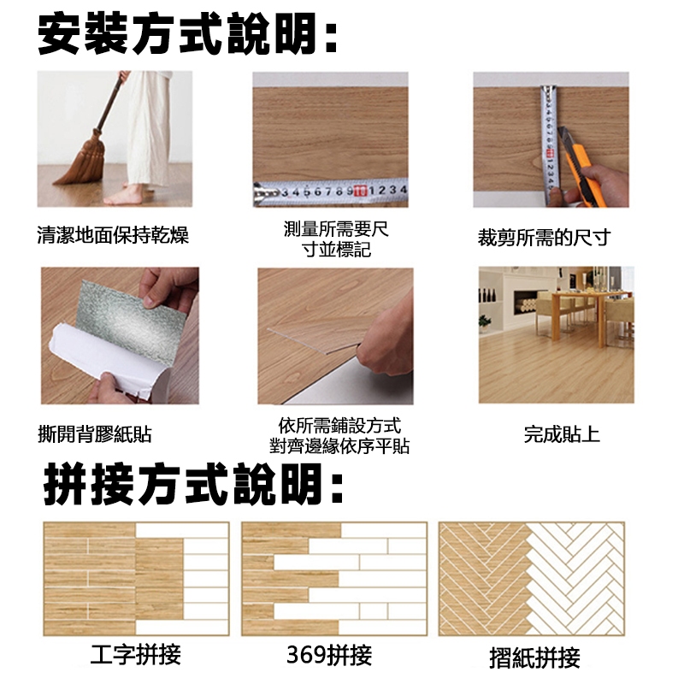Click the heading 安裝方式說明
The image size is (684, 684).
point(186,33)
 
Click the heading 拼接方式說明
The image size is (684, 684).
point(192,484)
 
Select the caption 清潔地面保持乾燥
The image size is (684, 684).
point(113,235)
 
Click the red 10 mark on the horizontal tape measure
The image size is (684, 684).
point(360,191)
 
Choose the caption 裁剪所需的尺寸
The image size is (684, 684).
point(544,238)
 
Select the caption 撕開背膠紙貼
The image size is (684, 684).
point(95,434)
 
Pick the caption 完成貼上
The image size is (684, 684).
point(562,434)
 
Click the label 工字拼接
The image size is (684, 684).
point(136,654)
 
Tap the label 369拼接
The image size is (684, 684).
point(329,655)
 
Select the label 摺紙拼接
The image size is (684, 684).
point(535,657)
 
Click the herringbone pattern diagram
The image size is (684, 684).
point(532,579)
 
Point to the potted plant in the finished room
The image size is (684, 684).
point(484,324)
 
